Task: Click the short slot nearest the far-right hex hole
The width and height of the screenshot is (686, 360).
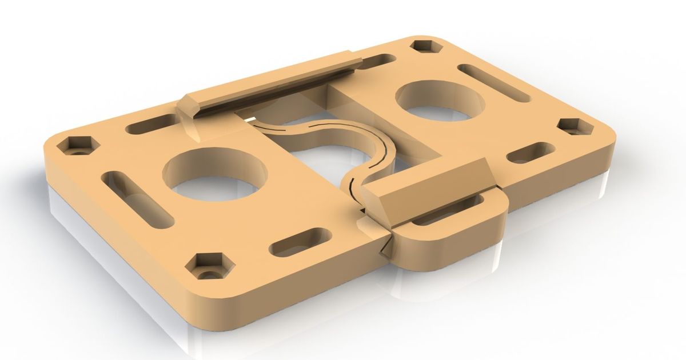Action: click(x=530, y=153)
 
